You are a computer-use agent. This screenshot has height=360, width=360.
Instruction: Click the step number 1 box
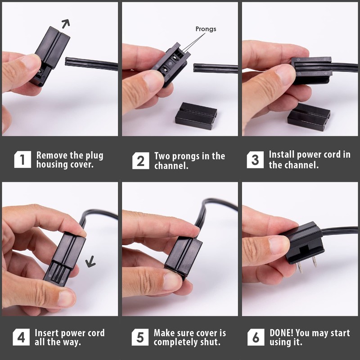22,160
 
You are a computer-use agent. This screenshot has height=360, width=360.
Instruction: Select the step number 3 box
255,160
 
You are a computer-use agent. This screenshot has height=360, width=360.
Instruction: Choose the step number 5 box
140,337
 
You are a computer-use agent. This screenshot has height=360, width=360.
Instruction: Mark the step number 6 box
255,337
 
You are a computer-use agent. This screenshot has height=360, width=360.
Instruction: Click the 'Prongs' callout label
206,29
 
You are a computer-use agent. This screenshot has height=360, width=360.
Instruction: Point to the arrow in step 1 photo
66,23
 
